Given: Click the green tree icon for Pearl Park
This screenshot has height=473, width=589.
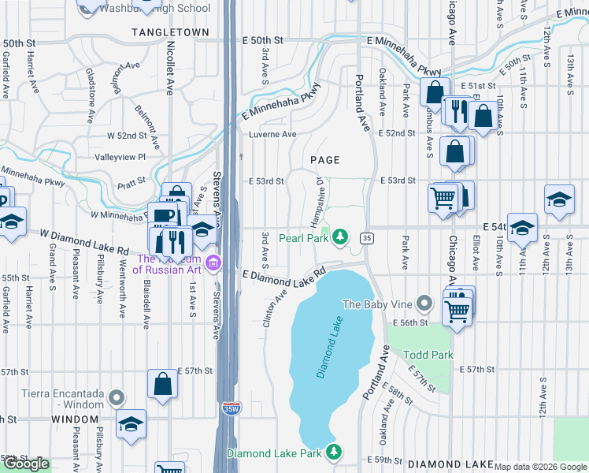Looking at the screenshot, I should (339, 236).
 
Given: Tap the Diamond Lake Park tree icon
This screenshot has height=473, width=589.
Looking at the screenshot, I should (335, 453).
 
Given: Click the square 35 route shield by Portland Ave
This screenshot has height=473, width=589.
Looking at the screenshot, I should (366, 237).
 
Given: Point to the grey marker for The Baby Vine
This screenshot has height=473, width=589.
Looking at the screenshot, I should (424, 304).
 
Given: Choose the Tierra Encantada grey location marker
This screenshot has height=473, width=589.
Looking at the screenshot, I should (117, 397).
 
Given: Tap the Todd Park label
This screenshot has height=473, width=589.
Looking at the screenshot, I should (428, 355).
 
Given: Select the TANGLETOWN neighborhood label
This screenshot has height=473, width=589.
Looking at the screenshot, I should (171, 32).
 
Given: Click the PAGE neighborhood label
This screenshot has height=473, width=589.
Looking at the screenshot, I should (324, 160).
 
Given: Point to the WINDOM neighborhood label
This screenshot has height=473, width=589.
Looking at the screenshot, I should (76, 420).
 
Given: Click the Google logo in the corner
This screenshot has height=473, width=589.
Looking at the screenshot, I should (26, 464).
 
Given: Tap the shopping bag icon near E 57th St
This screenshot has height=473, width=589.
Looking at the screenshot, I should (162, 385).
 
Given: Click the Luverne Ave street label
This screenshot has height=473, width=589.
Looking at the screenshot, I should (272, 134).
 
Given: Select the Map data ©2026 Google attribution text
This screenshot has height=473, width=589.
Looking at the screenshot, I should (540, 466).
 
